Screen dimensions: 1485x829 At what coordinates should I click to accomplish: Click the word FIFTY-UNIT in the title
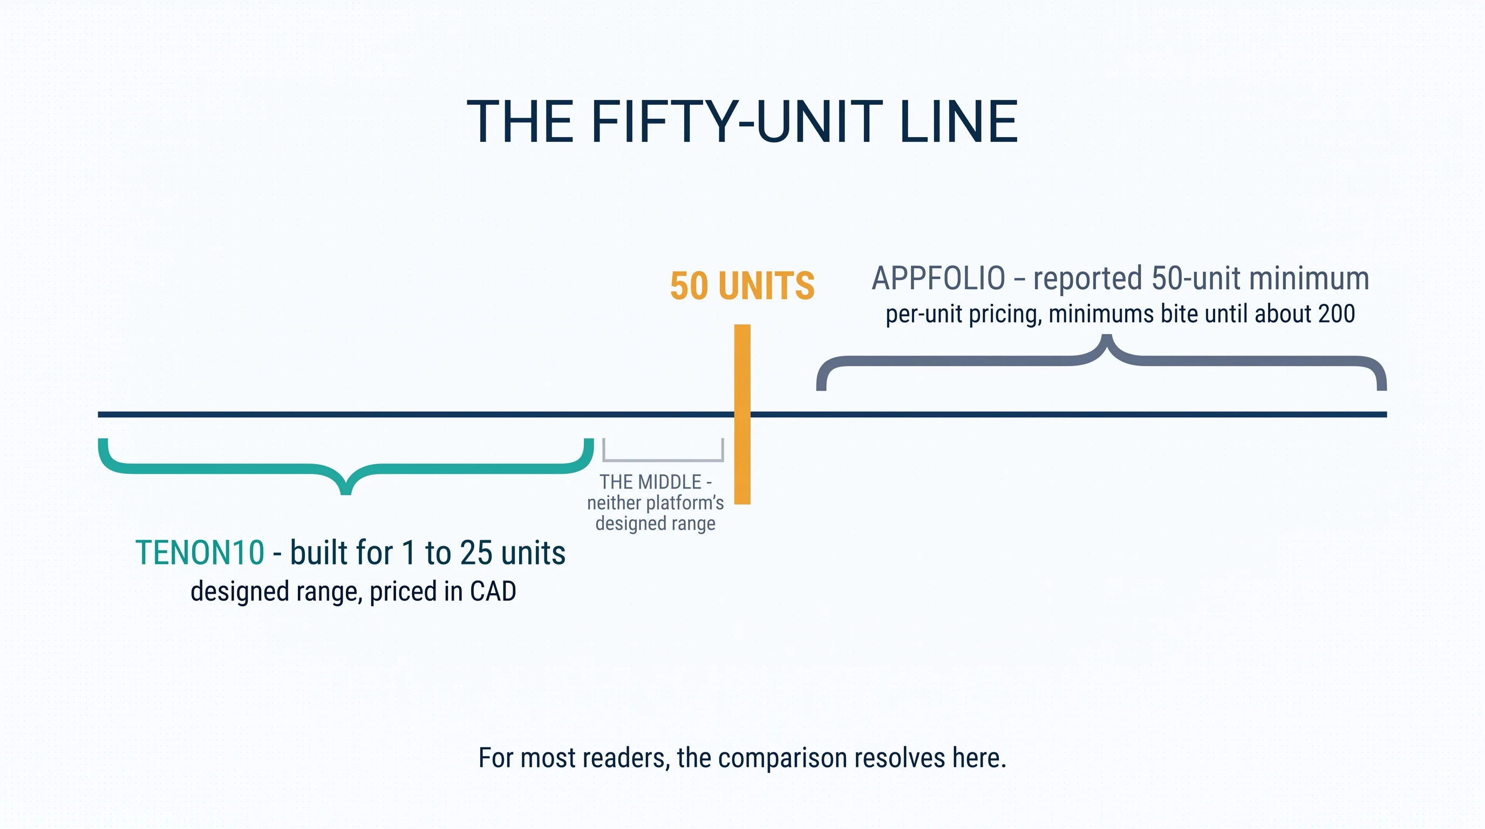point(736,121)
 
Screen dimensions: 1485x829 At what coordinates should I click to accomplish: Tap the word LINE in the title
point(958,121)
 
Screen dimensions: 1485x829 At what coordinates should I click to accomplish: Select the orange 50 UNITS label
point(742,286)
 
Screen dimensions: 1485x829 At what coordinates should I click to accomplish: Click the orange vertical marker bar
point(742,414)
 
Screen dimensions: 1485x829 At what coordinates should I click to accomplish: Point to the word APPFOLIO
point(938,278)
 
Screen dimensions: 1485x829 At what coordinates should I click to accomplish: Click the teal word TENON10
point(200,552)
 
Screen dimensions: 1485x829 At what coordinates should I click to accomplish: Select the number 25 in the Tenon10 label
point(476,552)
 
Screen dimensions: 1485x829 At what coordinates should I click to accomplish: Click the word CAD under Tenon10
point(493,592)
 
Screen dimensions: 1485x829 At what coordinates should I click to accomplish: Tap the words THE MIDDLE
point(650,482)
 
